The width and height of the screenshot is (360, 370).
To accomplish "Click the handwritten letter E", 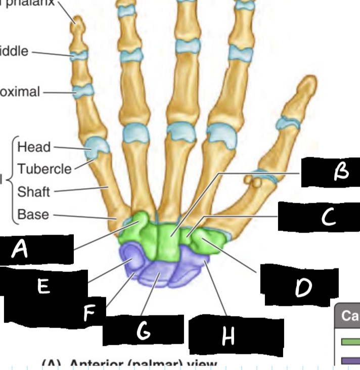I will [43, 286].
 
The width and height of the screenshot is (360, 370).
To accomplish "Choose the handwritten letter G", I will [143, 332].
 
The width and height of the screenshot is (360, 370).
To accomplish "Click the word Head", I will [34, 147].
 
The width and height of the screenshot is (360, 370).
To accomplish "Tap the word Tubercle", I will [44, 169].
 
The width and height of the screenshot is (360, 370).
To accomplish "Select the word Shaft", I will [33, 192].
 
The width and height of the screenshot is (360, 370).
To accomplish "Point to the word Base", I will [33, 214].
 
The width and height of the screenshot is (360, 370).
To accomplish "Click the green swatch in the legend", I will [351, 342].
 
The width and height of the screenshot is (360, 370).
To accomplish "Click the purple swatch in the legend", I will [351, 360].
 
